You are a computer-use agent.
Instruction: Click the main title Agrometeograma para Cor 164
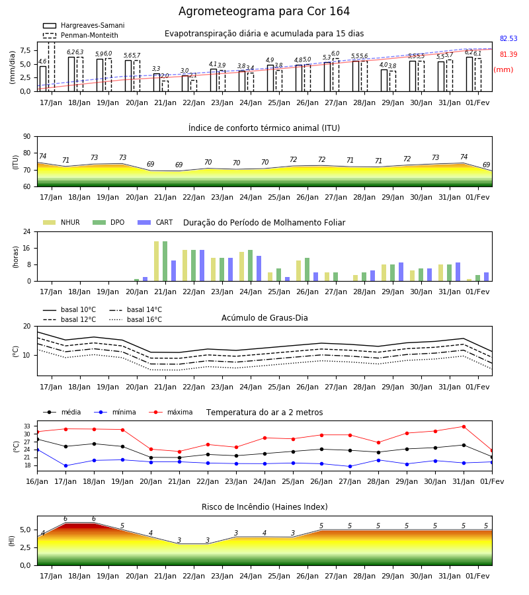pos(264,11)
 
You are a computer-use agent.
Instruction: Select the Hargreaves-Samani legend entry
pos(83,25)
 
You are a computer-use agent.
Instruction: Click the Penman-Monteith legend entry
pos(81,35)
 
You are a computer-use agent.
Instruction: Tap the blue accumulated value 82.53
pos(509,39)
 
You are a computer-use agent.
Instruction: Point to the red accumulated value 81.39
pos(509,55)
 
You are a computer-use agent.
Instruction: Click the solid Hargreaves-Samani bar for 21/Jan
pos(157,83)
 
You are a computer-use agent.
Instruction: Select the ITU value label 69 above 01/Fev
pos(486,165)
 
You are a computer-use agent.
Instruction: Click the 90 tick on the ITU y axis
pos(27,137)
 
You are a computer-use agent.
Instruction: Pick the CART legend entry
pos(155,222)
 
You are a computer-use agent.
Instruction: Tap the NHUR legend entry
pos(61,222)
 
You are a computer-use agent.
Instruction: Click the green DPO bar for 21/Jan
pos(165,261)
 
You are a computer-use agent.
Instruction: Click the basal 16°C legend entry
pos(136,319)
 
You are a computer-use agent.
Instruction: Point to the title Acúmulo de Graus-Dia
pos(264,318)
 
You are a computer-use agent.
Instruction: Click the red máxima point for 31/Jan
pos(464,427)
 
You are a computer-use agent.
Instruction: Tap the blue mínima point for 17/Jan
pos(65,465)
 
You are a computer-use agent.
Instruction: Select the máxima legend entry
pos(171,412)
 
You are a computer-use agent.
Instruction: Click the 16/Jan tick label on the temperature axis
pos(37,481)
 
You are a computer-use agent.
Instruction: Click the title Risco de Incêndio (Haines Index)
pos(264,507)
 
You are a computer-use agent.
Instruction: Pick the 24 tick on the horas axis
pos(27,231)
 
